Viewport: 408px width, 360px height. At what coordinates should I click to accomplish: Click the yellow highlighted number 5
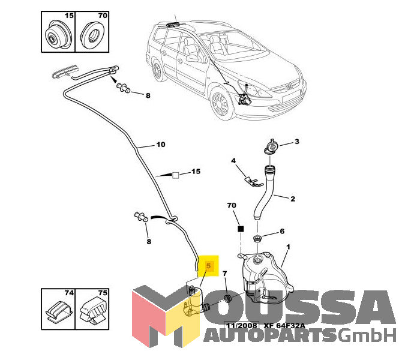(209, 265)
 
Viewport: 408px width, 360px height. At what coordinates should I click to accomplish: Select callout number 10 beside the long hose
(160, 145)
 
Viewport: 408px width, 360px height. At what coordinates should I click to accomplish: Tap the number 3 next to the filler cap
(296, 142)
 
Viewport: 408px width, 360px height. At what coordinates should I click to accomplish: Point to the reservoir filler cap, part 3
(271, 145)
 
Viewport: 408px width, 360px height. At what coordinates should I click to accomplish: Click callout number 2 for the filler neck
(292, 199)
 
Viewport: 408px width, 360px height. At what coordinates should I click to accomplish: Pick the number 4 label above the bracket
(234, 161)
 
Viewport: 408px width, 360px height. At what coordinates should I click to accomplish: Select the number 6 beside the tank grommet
(282, 232)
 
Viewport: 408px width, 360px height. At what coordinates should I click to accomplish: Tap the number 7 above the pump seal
(224, 274)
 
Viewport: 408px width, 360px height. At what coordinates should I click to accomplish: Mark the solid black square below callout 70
(241, 229)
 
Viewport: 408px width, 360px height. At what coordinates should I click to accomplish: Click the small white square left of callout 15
(176, 175)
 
